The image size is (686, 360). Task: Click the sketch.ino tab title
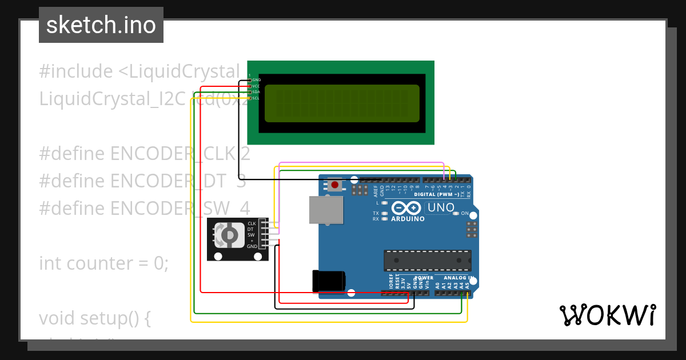pos(101,25)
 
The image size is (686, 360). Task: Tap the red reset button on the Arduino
pos(334,185)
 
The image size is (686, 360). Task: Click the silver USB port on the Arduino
pos(326,210)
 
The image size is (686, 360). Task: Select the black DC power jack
pos(328,281)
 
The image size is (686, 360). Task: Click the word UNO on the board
pos(441,207)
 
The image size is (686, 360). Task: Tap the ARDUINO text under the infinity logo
pos(408,218)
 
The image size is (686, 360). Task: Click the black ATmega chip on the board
pos(427,261)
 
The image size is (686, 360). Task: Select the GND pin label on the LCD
pos(256,80)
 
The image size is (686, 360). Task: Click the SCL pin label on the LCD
pos(256,98)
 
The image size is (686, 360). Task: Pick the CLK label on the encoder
pos(252,223)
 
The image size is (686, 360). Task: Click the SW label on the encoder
pos(251,235)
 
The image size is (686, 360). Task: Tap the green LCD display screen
pos(342,103)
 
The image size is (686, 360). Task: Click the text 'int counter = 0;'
pos(103,263)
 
